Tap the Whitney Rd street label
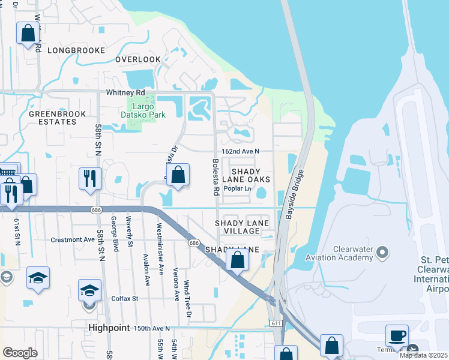tap(125, 93)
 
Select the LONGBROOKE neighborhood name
tap(76, 50)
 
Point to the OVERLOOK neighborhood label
tap(138, 59)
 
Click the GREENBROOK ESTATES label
tap(53, 117)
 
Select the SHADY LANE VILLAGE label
tap(242, 227)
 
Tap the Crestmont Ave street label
tap(73, 239)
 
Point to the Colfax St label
tap(125, 298)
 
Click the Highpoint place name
tap(109, 328)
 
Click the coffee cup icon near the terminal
tap(397, 335)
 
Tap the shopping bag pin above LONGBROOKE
tap(28, 33)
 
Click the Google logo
tap(20, 353)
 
